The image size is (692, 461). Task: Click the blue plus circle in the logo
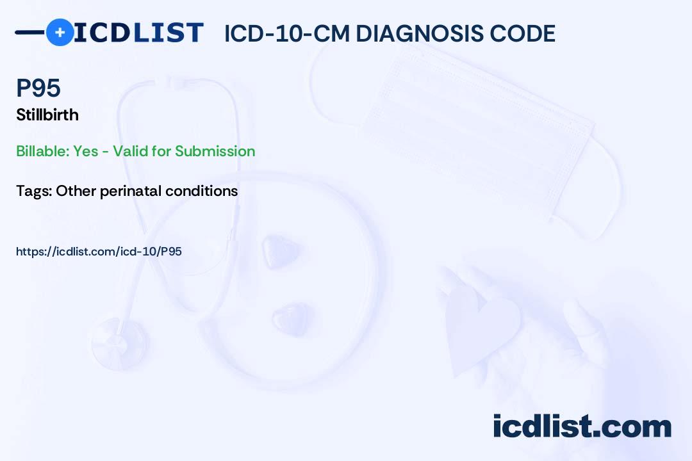point(60,32)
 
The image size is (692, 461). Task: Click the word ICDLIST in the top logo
point(138,33)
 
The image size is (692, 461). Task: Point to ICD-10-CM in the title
point(286,33)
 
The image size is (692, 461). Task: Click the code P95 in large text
point(38,88)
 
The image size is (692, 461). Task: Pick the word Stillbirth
point(47,115)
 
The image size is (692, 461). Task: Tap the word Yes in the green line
point(86,151)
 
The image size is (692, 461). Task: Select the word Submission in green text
point(215,151)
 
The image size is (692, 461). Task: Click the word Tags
point(34,191)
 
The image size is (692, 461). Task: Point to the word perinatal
point(131,191)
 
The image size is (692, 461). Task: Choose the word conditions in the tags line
point(201,191)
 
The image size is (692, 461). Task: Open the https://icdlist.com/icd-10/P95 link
point(99,252)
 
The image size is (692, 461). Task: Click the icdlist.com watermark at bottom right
point(582,426)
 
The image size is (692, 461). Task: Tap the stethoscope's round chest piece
point(120,343)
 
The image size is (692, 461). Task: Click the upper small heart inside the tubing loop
point(281,252)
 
